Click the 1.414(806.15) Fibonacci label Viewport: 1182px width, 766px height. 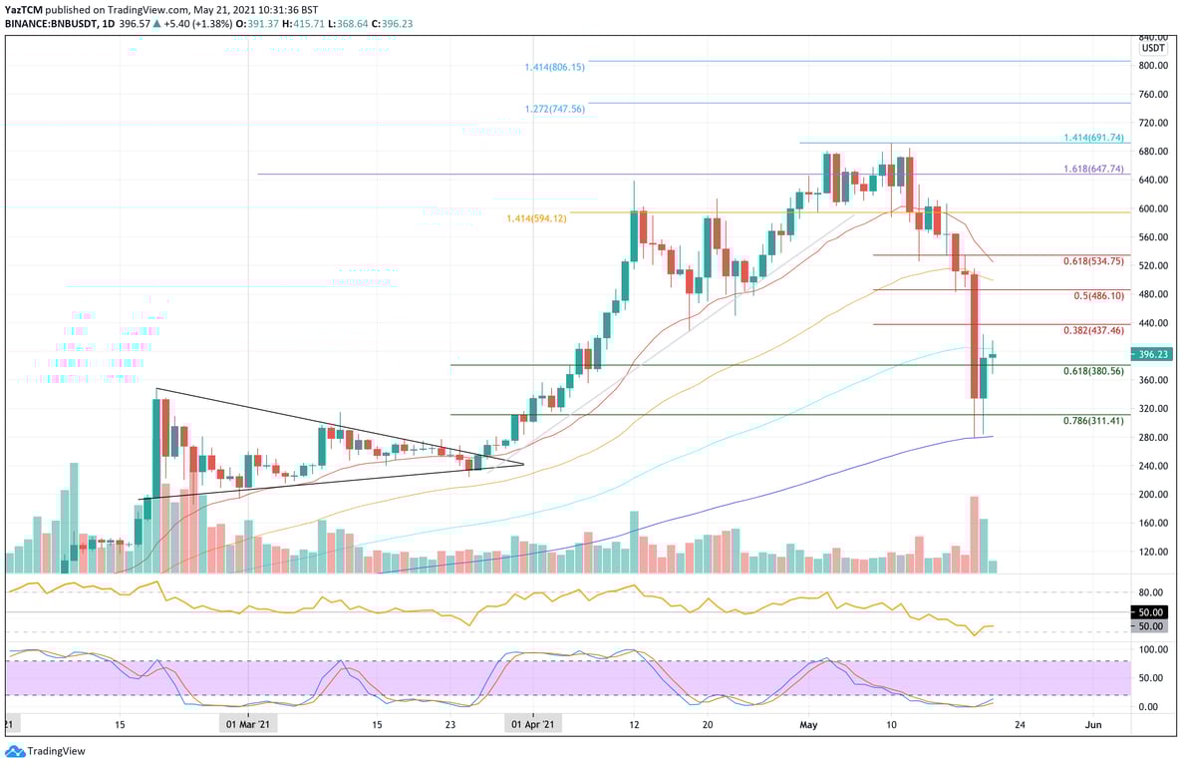[554, 67]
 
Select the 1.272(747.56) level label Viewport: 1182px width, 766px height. [554, 109]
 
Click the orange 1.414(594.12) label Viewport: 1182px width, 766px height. [536, 218]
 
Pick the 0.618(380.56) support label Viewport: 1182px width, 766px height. [1093, 371]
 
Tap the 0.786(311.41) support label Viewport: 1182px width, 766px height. [1093, 421]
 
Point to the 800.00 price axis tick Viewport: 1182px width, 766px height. [1153, 66]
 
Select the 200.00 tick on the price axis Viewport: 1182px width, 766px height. [1153, 495]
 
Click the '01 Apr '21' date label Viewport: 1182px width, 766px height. [533, 725]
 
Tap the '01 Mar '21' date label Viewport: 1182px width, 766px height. [247, 725]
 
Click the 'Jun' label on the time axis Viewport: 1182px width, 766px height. [1092, 725]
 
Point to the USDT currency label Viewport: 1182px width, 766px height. [1153, 48]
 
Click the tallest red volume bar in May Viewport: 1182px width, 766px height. [973, 534]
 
